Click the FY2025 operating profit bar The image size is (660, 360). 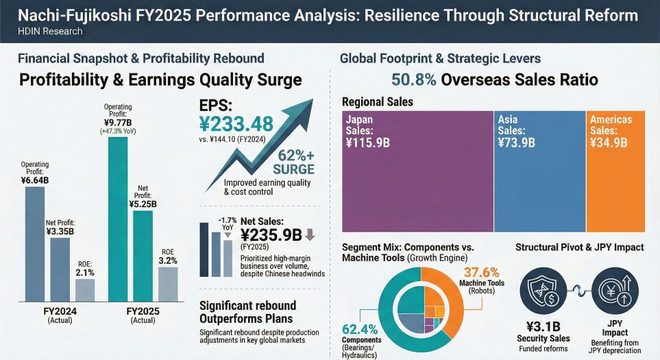pos(117,219)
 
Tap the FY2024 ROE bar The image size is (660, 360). pos(85,291)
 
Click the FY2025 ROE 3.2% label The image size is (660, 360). pos(168,261)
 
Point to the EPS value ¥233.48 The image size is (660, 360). pos(236,124)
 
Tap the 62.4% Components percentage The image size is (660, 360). pos(359,329)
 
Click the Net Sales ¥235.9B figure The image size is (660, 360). pos(271,235)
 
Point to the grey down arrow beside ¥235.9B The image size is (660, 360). pos(310,235)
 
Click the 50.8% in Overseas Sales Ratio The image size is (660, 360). pos(413,80)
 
